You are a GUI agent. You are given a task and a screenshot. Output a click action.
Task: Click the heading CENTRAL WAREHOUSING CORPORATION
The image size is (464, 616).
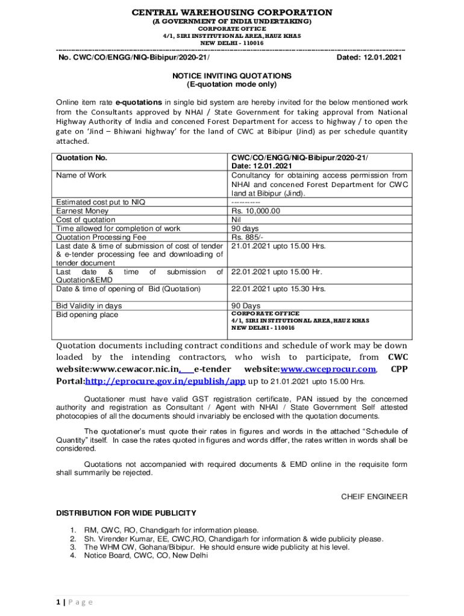click(232, 12)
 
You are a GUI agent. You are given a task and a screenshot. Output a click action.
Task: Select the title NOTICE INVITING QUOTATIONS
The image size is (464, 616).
click(232, 76)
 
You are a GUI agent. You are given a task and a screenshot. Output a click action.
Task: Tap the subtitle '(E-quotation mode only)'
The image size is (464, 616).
click(232, 85)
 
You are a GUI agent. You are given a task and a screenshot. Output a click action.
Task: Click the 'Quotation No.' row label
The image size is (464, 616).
click(81, 158)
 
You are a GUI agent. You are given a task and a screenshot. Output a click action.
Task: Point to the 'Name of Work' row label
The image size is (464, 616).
click(81, 175)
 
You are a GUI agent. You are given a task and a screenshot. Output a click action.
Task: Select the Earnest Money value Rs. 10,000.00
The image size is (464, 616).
click(256, 211)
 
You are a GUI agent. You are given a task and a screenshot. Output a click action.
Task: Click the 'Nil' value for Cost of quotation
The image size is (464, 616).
click(237, 220)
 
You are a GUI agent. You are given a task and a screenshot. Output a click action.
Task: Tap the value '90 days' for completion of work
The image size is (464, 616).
click(245, 229)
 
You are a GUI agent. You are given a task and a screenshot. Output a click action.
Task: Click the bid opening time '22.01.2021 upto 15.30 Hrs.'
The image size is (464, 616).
click(278, 289)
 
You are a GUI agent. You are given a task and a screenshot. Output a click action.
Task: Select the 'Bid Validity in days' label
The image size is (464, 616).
click(89, 306)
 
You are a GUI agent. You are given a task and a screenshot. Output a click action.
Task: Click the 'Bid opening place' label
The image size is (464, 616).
click(87, 315)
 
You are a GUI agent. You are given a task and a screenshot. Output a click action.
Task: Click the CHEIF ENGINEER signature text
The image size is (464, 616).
click(374, 497)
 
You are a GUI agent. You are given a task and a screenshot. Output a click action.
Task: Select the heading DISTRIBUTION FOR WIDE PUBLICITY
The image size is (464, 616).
click(126, 513)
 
